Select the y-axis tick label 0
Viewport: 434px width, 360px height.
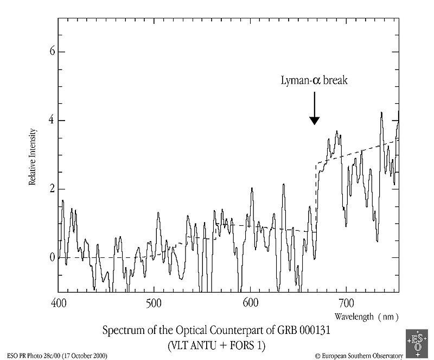(53, 257)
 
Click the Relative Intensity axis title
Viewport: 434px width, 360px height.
(33, 157)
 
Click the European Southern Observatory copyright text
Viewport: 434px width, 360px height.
(359, 356)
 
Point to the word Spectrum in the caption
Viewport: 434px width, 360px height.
(120, 331)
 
